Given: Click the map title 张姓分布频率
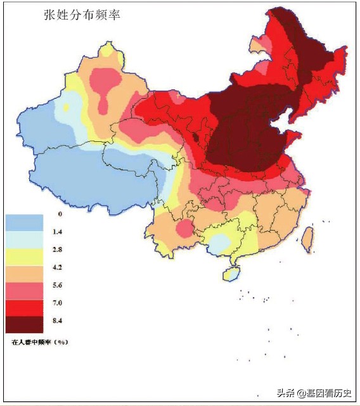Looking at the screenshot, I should [x=81, y=15].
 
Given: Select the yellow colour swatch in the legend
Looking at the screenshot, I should [x=24, y=255].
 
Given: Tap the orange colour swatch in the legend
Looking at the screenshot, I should [x=24, y=272].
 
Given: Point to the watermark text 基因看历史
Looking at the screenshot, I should [x=329, y=393].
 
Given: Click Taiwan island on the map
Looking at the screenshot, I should [x=307, y=239].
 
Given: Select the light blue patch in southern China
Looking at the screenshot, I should [x=220, y=243].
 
